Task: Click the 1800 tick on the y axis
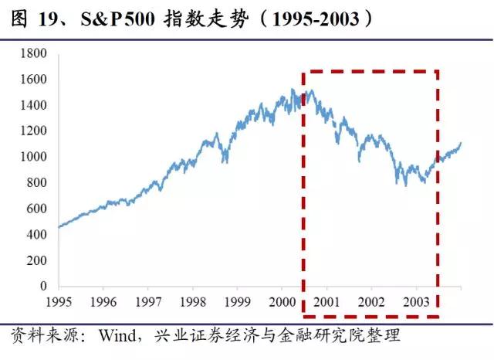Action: coord(36,53)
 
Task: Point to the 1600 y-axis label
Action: coord(36,80)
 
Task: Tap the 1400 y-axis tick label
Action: coord(36,105)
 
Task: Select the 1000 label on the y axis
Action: coord(36,157)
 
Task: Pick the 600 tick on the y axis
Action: coord(39,209)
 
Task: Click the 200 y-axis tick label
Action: coord(39,260)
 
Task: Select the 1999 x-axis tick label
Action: coord(238,301)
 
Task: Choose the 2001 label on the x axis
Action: coord(327,301)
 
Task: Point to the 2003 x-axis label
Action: coord(418,301)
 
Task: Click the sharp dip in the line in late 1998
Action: coord(225,161)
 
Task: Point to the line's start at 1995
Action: coord(59,227)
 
